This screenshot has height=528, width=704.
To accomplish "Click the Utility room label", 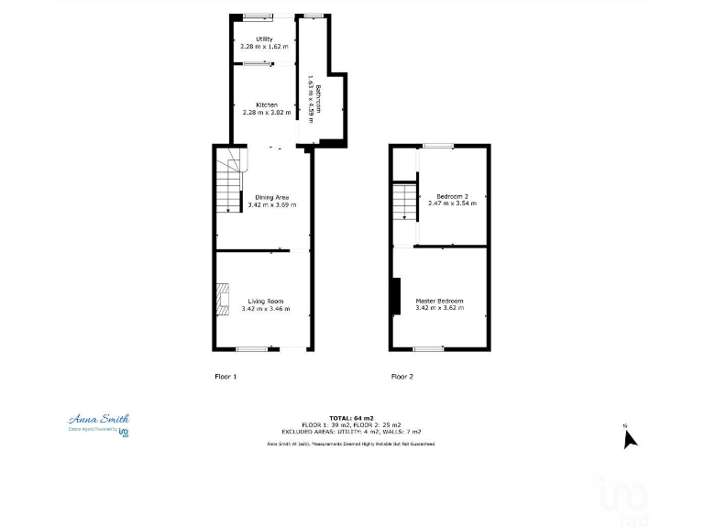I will click(264, 38).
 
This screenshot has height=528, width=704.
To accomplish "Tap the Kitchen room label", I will click(267, 104).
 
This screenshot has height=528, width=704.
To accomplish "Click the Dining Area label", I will click(271, 197).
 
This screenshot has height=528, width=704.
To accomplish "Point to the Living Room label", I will click(266, 301).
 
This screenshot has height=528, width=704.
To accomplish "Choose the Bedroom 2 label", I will click(452, 196).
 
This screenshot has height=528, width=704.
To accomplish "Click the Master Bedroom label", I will click(439, 301).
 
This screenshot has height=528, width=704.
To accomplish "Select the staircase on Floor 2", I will click(404, 202).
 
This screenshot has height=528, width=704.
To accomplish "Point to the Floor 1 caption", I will click(225, 376).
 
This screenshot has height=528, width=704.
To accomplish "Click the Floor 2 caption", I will click(402, 376).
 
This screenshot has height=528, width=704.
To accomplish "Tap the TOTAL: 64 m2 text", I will click(351, 418).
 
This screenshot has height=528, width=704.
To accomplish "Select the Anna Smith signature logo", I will click(99, 420).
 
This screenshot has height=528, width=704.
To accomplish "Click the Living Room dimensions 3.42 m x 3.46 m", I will click(266, 309).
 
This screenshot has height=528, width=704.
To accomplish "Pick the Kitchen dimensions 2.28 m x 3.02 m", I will click(267, 113).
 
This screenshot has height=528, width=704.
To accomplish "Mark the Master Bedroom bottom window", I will click(427, 348).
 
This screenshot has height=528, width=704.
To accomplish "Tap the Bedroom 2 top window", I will click(437, 145).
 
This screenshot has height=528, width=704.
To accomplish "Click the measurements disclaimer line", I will click(350, 444).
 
